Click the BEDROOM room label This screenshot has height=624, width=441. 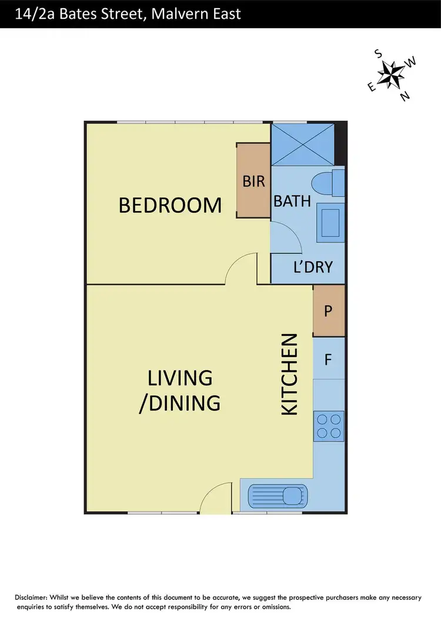pyautogui.click(x=170, y=205)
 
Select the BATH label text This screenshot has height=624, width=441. pyautogui.click(x=292, y=201)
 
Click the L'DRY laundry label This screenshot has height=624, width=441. pyautogui.click(x=313, y=267)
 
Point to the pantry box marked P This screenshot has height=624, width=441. pyautogui.click(x=329, y=310)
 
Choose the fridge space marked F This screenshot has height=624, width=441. pyautogui.click(x=329, y=358)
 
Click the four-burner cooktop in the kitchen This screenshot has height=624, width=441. pyautogui.click(x=329, y=426)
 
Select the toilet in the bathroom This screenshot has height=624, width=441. pyautogui.click(x=326, y=183)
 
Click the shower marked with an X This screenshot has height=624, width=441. pyautogui.click(x=302, y=144)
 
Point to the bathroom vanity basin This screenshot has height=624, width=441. pyautogui.click(x=330, y=222)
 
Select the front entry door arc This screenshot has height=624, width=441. pyautogui.click(x=215, y=497)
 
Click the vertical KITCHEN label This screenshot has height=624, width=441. pyautogui.click(x=289, y=375)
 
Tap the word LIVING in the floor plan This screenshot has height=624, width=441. pyautogui.click(x=179, y=378)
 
